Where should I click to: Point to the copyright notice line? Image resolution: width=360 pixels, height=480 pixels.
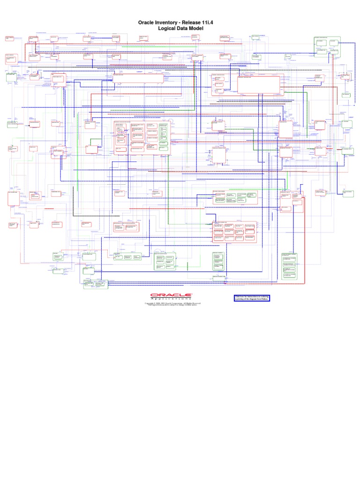point(172,304)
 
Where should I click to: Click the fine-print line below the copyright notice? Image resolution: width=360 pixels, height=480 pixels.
point(172,306)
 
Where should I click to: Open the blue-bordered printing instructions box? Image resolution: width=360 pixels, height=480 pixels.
point(252,299)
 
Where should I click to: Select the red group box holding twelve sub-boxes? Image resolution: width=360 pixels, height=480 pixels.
point(235,232)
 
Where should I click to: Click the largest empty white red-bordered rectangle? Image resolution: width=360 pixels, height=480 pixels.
point(259,85)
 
